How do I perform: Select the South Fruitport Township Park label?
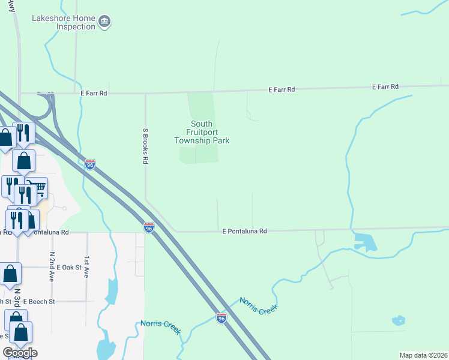pos(202,132)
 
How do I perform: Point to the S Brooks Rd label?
pos(145,146)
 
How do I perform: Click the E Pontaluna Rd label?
pos(244,231)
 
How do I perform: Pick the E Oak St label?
pos(66,267)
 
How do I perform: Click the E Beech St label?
pos(39,301)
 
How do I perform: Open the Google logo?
pos(20,353)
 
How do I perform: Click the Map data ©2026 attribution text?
pos(423,355)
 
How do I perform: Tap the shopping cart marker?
pos(37,189)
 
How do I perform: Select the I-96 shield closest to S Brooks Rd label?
pos(90,164)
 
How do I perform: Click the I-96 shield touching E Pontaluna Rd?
pos(149,227)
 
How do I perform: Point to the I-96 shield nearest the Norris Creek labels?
pos(221,319)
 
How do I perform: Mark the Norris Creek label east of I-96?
pos(259,305)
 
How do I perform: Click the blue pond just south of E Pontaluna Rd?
pos(365,242)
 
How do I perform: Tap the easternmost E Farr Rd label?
pos(385,87)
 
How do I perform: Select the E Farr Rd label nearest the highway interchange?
pos(94,93)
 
